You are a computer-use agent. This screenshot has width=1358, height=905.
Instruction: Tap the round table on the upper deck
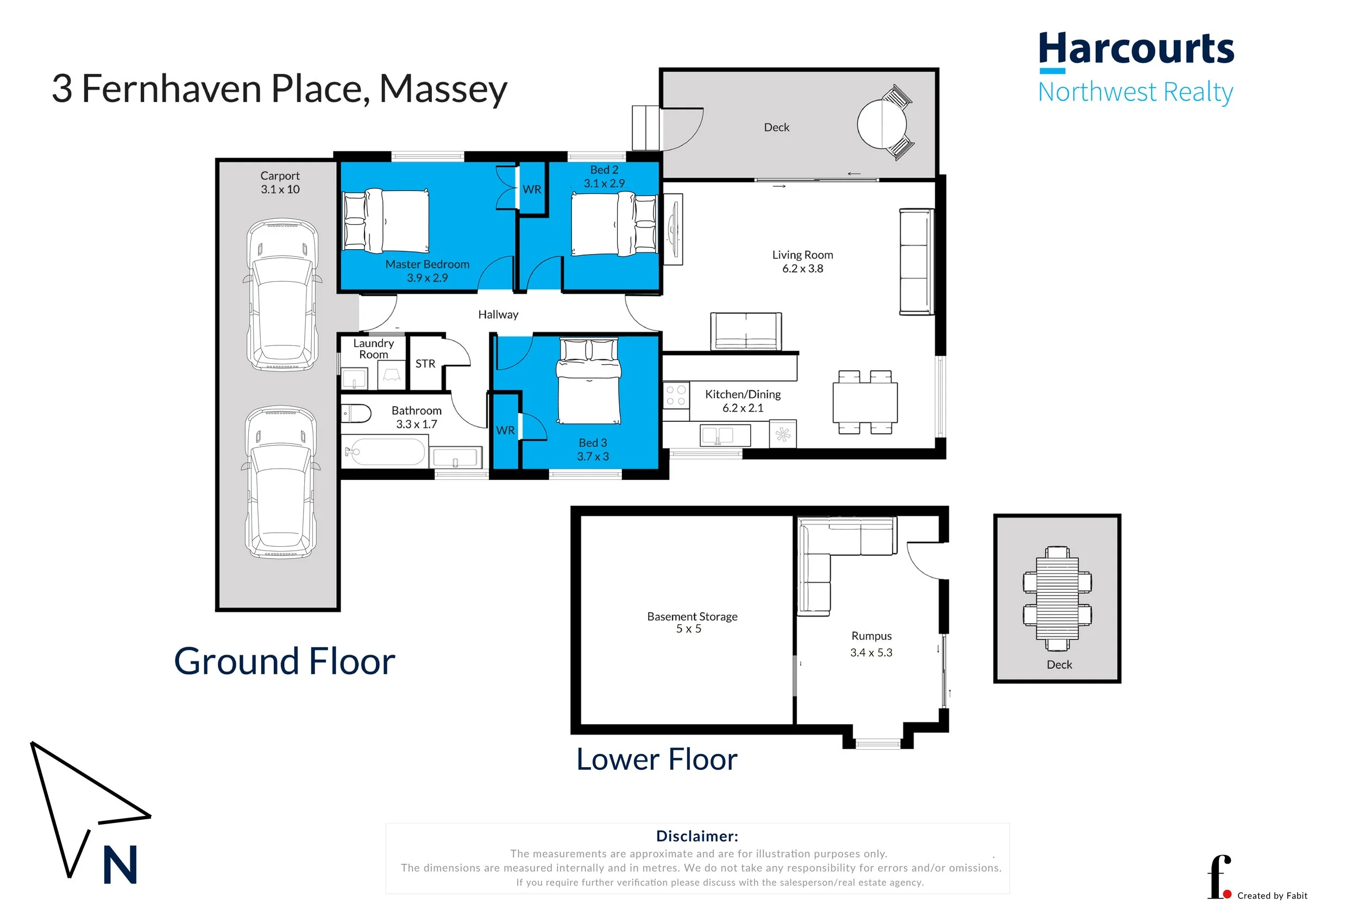click(x=882, y=124)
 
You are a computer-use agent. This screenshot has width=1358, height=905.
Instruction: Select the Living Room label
click(x=802, y=255)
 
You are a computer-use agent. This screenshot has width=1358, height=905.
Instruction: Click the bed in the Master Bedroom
click(x=386, y=220)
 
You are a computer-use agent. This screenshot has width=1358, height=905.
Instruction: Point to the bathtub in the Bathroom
click(x=385, y=451)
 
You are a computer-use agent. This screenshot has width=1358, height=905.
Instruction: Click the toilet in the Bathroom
click(x=356, y=413)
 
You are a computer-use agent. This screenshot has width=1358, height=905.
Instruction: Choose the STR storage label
click(x=425, y=364)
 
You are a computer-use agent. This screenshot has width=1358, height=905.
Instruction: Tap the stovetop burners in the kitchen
click(x=676, y=395)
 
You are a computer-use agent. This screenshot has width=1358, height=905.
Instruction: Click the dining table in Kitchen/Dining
click(x=864, y=402)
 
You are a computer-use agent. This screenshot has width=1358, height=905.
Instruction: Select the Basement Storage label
click(x=691, y=616)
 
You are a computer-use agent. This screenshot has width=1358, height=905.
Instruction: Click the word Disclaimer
click(x=697, y=836)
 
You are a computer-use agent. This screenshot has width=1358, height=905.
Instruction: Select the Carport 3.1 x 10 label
click(x=280, y=182)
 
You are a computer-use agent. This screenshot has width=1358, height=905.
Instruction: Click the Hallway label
click(x=498, y=314)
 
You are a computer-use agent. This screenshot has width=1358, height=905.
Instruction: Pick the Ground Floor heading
click(x=284, y=661)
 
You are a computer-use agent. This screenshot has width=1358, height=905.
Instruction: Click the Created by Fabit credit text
click(x=1272, y=895)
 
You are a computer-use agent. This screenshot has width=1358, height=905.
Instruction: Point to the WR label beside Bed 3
click(x=505, y=430)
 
